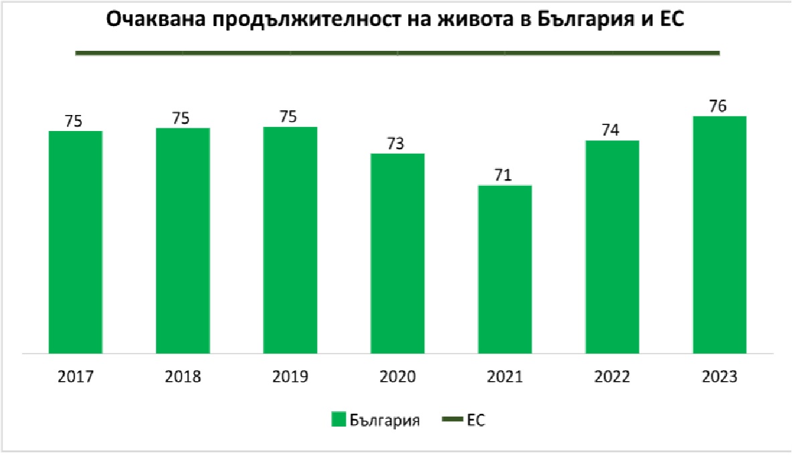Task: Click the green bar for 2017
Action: (x=76, y=241)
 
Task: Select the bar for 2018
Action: (x=183, y=240)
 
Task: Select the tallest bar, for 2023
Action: (x=719, y=234)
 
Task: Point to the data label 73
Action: (x=397, y=144)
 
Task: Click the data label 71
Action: (x=504, y=175)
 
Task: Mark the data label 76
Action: (x=719, y=106)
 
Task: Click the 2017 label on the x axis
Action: (x=76, y=376)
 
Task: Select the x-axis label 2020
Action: (x=397, y=376)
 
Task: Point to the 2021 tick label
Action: (x=504, y=376)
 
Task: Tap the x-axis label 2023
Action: (x=719, y=376)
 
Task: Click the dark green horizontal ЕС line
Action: (x=397, y=52)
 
